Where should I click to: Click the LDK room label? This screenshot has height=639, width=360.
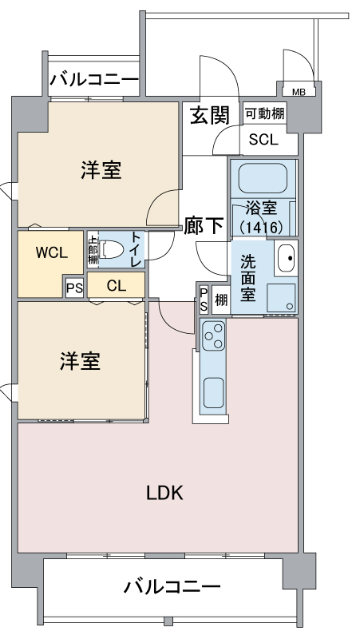(164, 493)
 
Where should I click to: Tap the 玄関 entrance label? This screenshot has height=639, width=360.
(211, 115)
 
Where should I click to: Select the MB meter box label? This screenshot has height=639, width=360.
(299, 92)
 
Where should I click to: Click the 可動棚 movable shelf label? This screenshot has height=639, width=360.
(264, 113)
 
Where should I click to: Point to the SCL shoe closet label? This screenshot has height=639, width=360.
(263, 140)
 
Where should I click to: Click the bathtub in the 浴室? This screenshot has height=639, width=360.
(263, 178)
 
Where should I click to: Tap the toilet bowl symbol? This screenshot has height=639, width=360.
(111, 249)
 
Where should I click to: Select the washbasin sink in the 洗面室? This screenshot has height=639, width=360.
(286, 258)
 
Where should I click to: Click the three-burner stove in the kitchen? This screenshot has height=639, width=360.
(213, 335)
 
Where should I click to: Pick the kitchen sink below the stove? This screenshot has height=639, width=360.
(213, 392)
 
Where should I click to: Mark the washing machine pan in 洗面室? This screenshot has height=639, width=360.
(281, 298)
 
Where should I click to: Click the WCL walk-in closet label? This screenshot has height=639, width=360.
(52, 253)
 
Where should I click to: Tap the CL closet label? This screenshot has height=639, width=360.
(117, 286)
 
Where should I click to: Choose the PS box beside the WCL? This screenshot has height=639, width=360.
(74, 288)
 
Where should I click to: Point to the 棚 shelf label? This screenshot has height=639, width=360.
(221, 300)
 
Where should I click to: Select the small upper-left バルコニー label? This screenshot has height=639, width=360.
(94, 78)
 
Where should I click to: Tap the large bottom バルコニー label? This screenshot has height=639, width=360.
(172, 587)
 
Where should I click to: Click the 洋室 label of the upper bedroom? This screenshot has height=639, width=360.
(101, 170)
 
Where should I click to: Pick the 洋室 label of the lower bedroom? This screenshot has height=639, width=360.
(81, 361)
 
